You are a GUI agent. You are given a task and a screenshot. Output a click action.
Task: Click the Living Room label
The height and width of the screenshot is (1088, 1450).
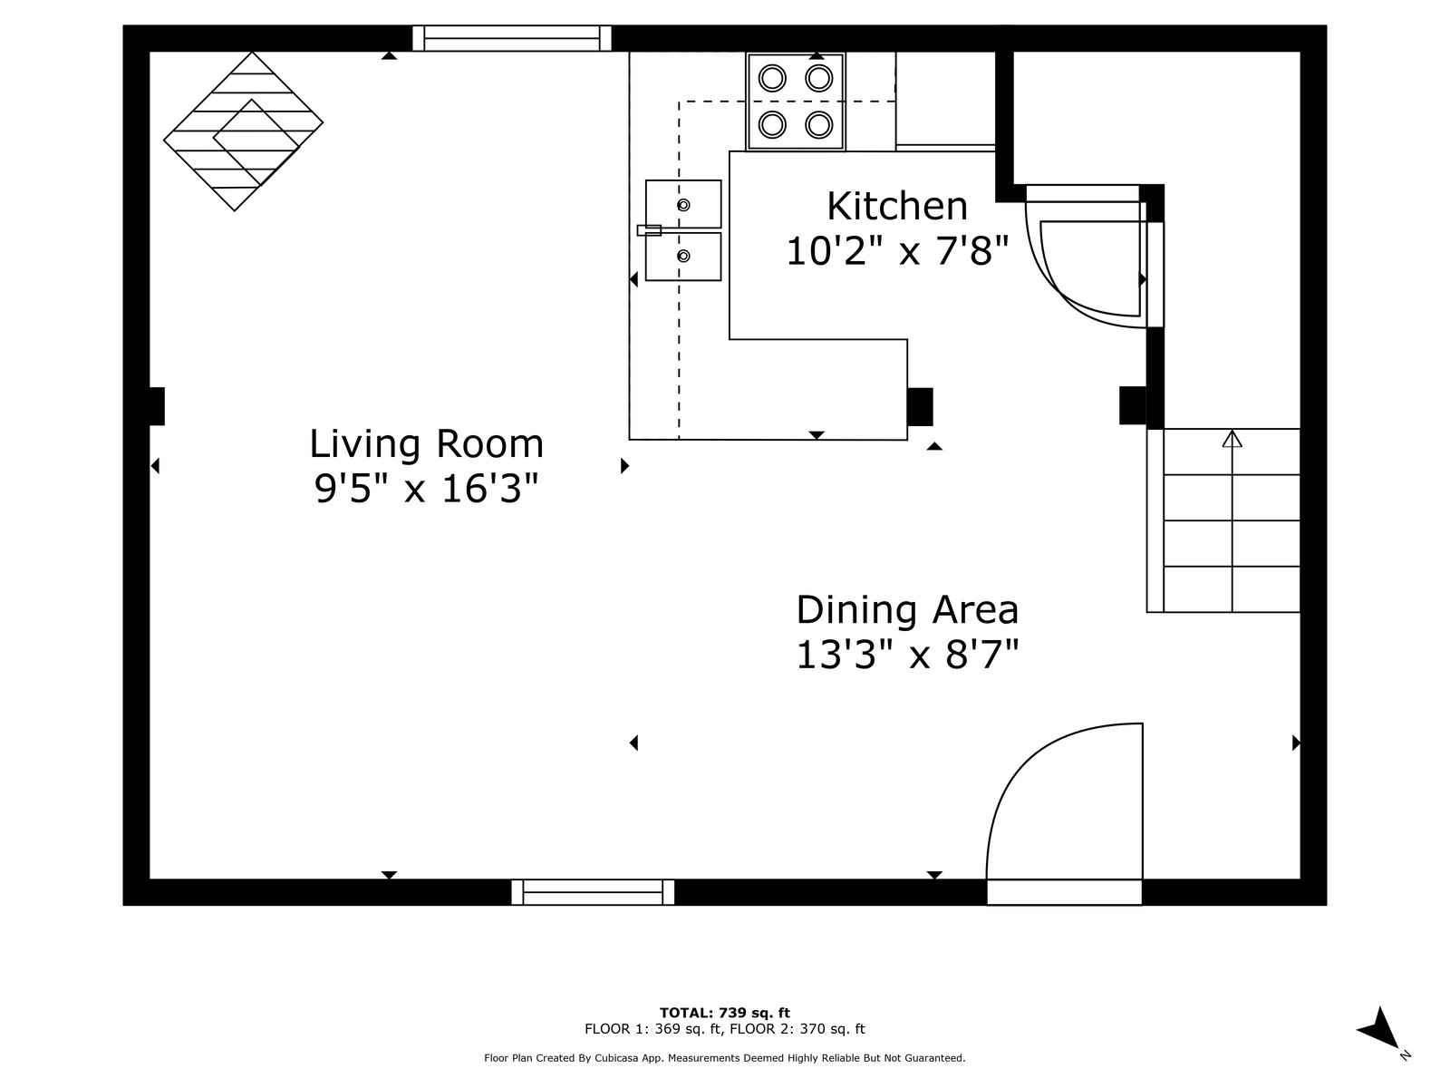pos(426,444)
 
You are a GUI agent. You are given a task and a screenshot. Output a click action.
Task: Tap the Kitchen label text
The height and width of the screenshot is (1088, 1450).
pos(897,206)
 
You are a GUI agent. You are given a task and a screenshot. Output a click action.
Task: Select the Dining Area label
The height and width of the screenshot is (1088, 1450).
pos(907,609)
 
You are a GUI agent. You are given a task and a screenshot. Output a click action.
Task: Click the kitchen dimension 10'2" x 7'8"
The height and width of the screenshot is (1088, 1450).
pos(897,252)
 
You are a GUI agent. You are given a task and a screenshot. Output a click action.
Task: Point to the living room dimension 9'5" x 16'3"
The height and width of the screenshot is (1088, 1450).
pos(426,490)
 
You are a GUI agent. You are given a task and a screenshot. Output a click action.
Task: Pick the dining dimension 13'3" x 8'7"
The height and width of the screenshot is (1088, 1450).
pos(907,656)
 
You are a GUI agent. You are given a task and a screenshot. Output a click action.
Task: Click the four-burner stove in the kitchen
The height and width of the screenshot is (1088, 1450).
pos(796,102)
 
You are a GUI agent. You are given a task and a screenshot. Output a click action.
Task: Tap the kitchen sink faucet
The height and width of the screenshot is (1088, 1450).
pos(649,230)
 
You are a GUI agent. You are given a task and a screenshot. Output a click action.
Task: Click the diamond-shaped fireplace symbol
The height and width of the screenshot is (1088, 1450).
pos(243,131)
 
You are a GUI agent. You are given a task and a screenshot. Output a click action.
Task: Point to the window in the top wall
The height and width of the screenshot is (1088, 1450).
pos(511,38)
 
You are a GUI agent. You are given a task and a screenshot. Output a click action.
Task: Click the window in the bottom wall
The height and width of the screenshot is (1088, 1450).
pos(593,892)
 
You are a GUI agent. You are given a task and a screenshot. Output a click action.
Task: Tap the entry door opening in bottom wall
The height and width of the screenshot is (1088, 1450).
pos(1064,892)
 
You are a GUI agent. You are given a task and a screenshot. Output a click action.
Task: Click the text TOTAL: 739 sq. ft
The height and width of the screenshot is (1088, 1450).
pos(725,1012)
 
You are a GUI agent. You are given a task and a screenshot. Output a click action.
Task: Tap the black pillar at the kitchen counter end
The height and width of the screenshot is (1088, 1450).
pos(920,407)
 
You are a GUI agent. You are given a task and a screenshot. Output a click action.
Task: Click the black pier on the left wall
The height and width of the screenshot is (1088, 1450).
pos(157,406)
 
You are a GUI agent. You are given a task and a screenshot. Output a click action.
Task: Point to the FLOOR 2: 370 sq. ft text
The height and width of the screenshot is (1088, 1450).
pos(797,1028)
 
